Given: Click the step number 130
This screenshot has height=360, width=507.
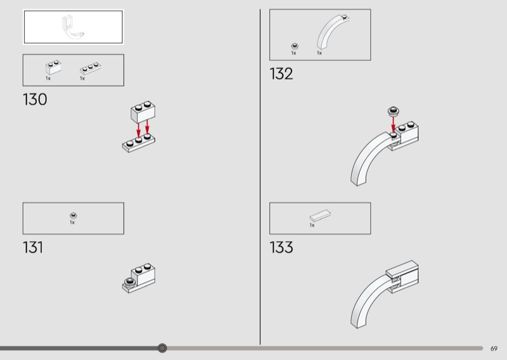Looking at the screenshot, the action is pyautogui.click(x=35, y=100).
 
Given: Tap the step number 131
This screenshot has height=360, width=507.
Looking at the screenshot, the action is pyautogui.click(x=33, y=247).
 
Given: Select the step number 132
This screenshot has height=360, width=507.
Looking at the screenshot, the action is pyautogui.click(x=281, y=74).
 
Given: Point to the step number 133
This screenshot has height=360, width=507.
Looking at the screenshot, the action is pyautogui.click(x=281, y=247).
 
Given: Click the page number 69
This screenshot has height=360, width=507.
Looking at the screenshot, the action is pyautogui.click(x=494, y=349).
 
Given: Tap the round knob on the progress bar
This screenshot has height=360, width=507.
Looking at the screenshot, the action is pyautogui.click(x=162, y=348).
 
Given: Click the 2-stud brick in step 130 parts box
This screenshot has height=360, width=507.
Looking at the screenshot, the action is pyautogui.click(x=53, y=67).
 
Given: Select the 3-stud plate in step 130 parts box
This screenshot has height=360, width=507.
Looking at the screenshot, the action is pyautogui.click(x=90, y=68).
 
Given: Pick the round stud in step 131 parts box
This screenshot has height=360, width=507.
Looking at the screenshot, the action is pyautogui.click(x=74, y=215).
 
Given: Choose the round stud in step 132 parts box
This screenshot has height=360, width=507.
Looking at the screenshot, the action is pyautogui.click(x=295, y=46).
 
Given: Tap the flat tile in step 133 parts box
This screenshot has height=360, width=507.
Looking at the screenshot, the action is pyautogui.click(x=320, y=215).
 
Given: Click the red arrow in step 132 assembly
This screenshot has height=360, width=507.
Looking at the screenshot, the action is pyautogui.click(x=393, y=124).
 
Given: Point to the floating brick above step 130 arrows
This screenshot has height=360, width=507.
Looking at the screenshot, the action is pyautogui.click(x=143, y=112).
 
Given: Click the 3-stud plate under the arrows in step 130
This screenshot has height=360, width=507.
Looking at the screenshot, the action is pyautogui.click(x=139, y=143).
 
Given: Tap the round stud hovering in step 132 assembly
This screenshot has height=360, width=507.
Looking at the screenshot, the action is pyautogui.click(x=393, y=112).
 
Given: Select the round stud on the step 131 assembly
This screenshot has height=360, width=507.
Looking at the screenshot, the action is pyautogui.click(x=130, y=282).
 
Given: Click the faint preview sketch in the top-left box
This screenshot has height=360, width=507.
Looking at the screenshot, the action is pyautogui.click(x=74, y=27).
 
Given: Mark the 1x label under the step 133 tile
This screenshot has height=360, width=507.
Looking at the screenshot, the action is pyautogui.click(x=312, y=225).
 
